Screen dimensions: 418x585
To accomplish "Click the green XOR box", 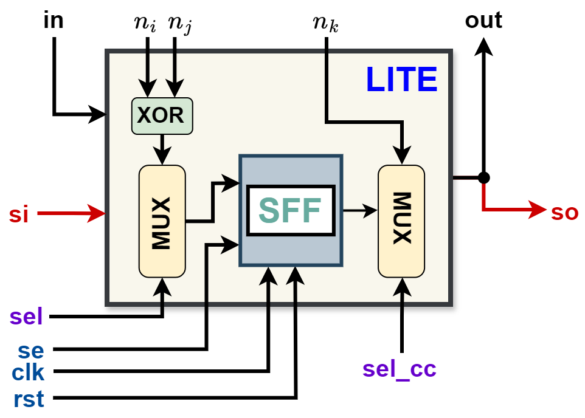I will pyautogui.click(x=162, y=115).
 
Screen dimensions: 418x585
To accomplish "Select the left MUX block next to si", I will pyautogui.click(x=162, y=222).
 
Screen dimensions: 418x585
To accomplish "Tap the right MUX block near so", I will pyautogui.click(x=401, y=221).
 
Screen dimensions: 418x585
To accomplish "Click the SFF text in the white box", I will pyautogui.click(x=290, y=211).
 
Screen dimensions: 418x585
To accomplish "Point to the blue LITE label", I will pyautogui.click(x=401, y=80).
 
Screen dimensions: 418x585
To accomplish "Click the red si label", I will pyautogui.click(x=18, y=214).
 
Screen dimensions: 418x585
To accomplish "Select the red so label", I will pyautogui.click(x=564, y=213).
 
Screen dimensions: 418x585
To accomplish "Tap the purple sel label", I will pyautogui.click(x=26, y=317).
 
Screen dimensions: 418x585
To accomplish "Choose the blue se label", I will pyautogui.click(x=30, y=351).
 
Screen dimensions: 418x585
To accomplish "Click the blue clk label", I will pyautogui.click(x=28, y=372).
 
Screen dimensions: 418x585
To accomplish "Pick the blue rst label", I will pyautogui.click(x=29, y=399).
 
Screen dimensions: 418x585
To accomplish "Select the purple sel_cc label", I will pyautogui.click(x=399, y=369).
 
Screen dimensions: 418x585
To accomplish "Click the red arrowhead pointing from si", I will pyautogui.click(x=96, y=213).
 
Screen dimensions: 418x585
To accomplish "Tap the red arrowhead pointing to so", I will pyautogui.click(x=538, y=210).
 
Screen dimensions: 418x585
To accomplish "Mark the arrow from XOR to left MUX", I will pyautogui.click(x=162, y=149).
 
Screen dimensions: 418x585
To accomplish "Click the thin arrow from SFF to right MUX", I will pyautogui.click(x=360, y=211).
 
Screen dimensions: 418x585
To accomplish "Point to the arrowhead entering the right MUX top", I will pyautogui.click(x=401, y=156).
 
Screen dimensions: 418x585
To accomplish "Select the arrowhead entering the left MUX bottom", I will pyautogui.click(x=162, y=286).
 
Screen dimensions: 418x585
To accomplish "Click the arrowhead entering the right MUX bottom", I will pyautogui.click(x=401, y=286).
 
